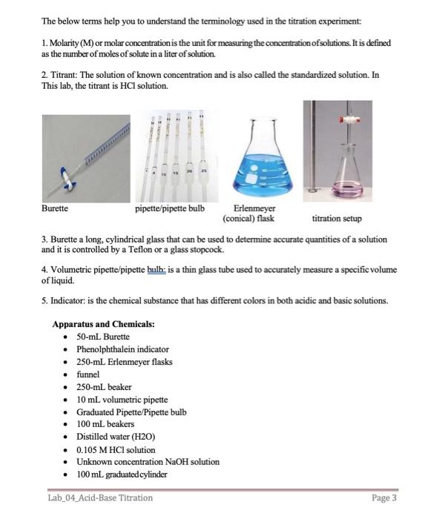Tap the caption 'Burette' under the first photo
tap(56, 208)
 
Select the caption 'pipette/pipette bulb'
tap(170, 208)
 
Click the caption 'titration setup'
tap(337, 219)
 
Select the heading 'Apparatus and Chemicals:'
tap(103, 324)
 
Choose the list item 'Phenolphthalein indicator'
tap(122, 349)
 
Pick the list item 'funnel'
tap(88, 374)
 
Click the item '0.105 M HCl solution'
tap(116, 449)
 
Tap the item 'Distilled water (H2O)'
tap(116, 437)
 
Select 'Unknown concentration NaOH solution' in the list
tap(148, 461)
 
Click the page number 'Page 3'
tap(384, 497)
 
